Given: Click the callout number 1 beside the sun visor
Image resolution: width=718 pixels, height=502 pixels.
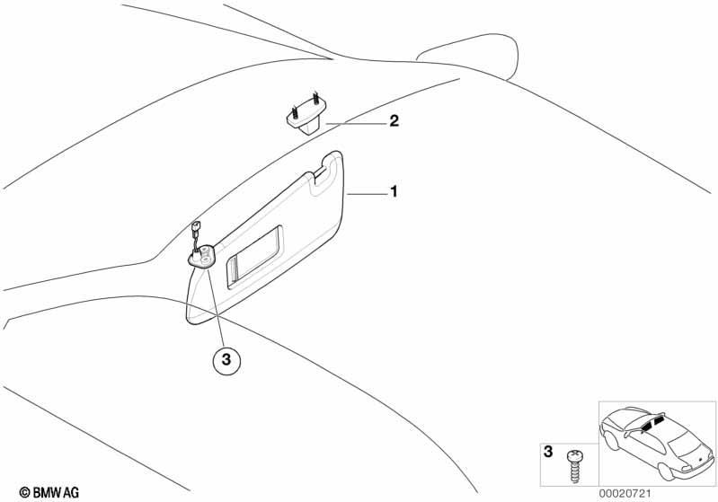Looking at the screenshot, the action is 394,191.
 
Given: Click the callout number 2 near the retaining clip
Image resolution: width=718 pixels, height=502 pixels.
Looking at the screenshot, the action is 394,121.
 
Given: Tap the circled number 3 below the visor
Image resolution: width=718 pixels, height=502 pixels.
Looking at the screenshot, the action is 226,360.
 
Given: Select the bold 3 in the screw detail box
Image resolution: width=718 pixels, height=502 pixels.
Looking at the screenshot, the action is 548,452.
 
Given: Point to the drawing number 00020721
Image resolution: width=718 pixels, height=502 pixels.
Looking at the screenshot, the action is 625,493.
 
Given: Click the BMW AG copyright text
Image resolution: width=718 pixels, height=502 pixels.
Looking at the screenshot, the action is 49,492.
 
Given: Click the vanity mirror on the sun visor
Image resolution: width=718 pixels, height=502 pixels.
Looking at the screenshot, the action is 253,257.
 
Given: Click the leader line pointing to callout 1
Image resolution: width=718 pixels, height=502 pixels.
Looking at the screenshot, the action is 367,195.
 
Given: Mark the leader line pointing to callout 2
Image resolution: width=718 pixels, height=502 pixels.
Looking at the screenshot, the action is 355,124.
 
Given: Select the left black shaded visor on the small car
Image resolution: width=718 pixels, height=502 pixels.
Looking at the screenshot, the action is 647,427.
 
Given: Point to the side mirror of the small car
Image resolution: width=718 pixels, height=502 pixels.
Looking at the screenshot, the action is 627,435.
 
